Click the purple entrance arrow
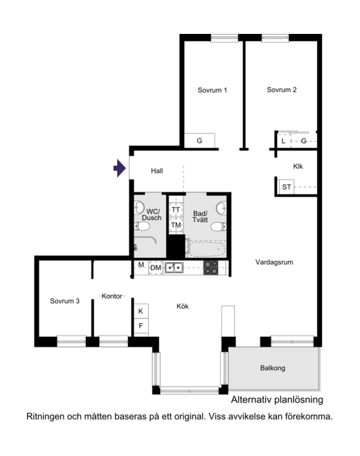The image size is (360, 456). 120,168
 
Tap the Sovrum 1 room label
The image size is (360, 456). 212,90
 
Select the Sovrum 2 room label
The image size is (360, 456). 282,89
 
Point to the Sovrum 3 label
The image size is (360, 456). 64,301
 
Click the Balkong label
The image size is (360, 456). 273,368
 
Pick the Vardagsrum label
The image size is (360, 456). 274,262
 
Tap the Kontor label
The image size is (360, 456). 111,296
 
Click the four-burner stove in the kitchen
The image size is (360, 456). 210,268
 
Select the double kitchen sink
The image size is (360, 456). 174,268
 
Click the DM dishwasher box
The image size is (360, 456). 156,268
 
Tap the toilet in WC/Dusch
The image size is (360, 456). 142,226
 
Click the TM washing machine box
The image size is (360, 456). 176,225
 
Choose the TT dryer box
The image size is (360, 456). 176,210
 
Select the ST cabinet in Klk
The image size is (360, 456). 287,187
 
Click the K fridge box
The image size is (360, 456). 141,311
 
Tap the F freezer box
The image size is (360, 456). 141,326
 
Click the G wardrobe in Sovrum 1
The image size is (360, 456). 199,140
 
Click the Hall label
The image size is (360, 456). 157,171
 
